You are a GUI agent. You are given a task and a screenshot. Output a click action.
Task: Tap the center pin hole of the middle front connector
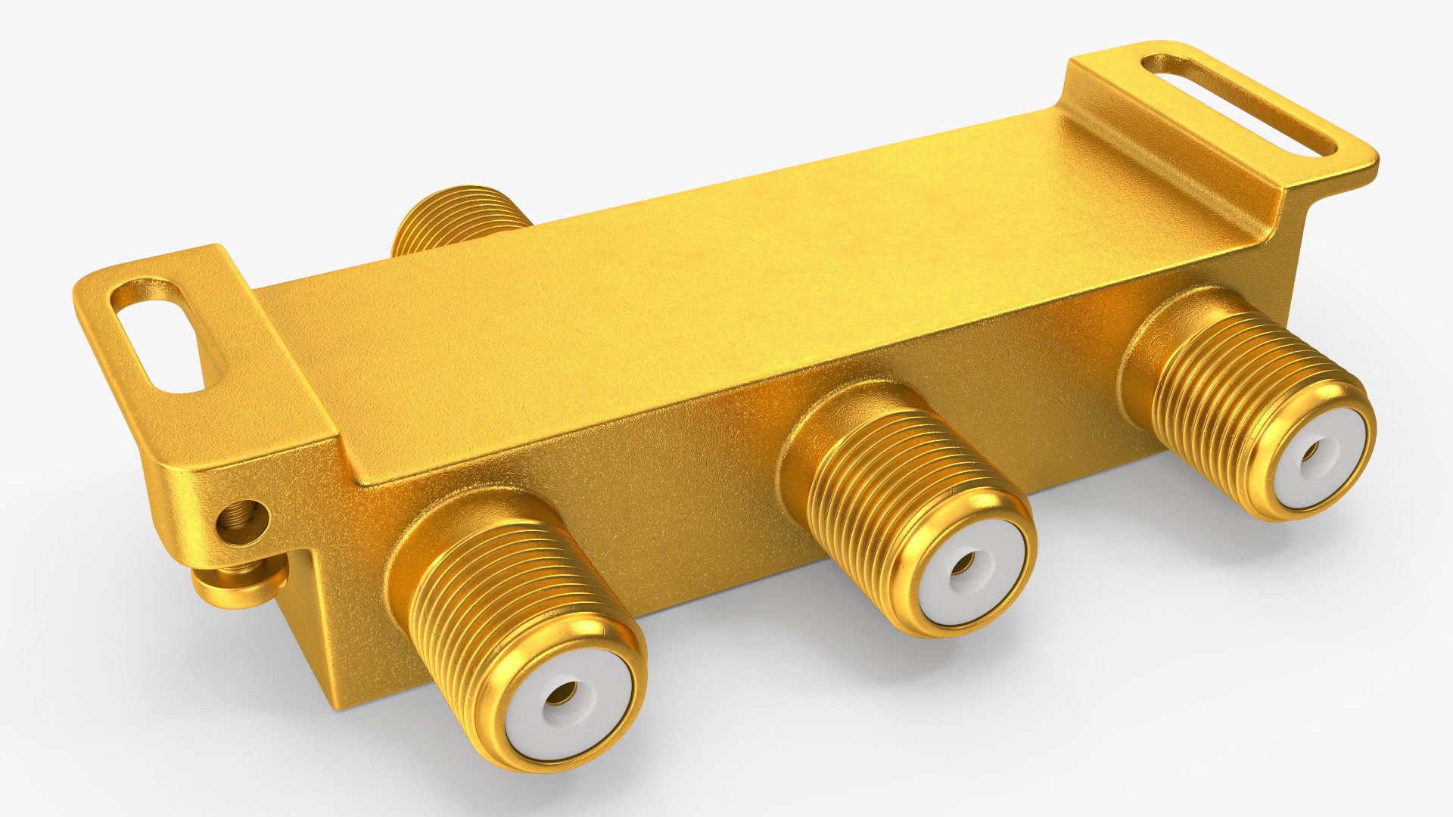click(963, 564)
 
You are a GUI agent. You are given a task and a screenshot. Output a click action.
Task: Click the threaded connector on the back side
click(454, 219)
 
